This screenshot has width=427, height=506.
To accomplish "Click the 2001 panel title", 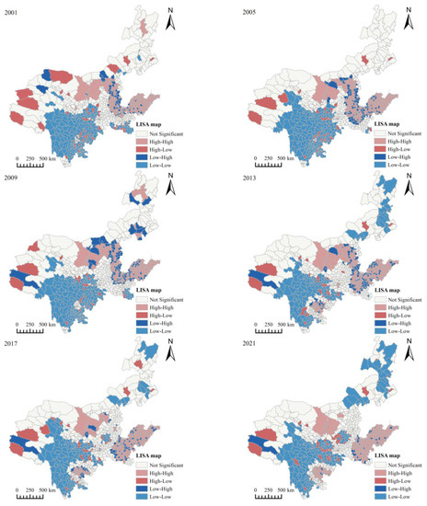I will click(x=14, y=9).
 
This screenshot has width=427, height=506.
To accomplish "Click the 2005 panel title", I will click(x=232, y=9).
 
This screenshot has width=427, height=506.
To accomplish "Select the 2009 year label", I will click(x=14, y=178).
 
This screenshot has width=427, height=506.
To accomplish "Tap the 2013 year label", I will click(x=232, y=178).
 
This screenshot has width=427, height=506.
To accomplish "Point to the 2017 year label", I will click(x=14, y=344).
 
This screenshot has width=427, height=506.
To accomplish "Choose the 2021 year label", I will click(x=232, y=344).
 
